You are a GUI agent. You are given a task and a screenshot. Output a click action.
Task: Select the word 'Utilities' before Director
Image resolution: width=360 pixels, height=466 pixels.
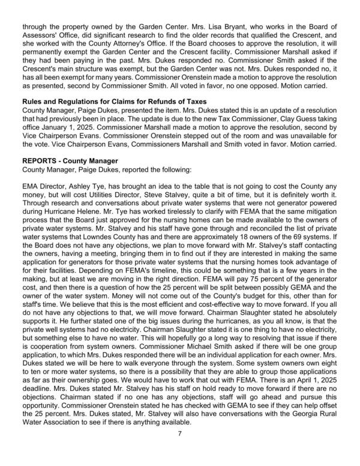pos(118,199)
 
